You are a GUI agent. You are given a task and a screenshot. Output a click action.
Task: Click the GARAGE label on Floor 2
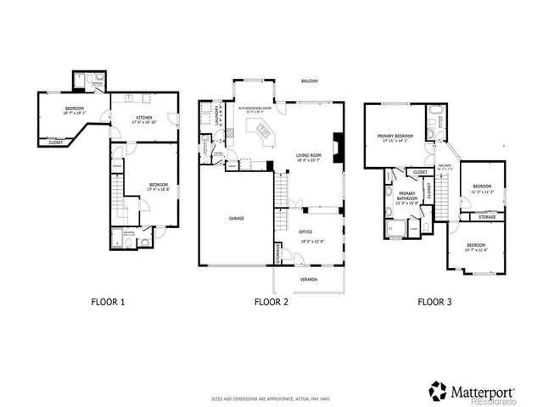237,218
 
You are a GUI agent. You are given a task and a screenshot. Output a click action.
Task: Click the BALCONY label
309,81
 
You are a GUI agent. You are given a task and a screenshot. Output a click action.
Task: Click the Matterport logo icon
437,390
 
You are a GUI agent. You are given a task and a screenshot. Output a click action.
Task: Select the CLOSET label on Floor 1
54,142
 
